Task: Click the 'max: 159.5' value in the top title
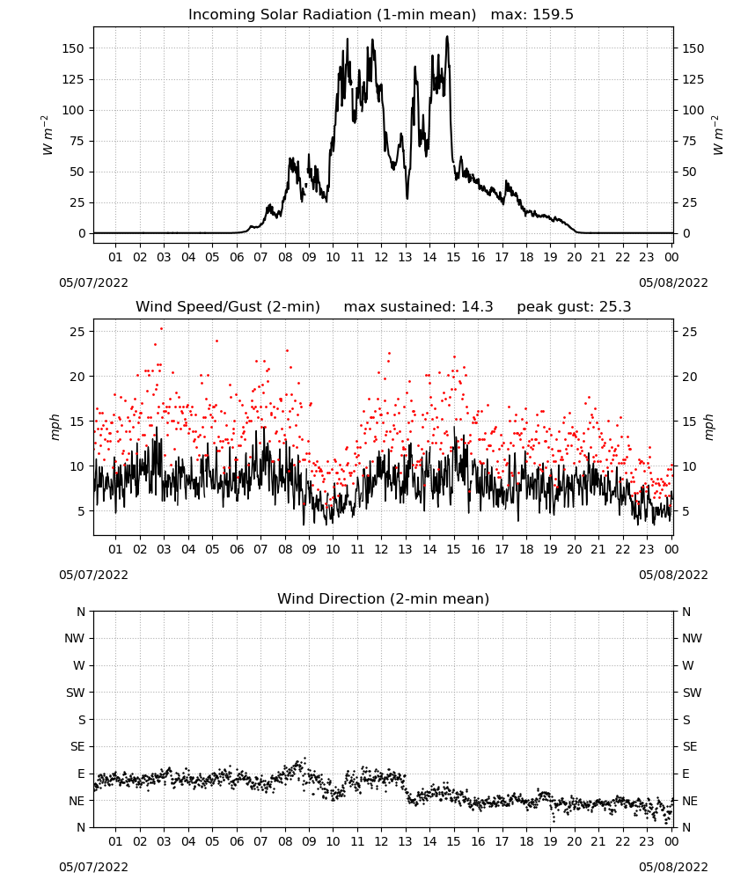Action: [x=532, y=15]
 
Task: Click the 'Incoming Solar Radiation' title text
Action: [x=280, y=15]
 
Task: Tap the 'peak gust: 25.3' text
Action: [x=574, y=307]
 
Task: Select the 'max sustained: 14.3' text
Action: [x=418, y=307]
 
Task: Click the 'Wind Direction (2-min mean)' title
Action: [x=384, y=598]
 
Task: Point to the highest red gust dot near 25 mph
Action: [x=162, y=328]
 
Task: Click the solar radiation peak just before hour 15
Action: [x=447, y=36]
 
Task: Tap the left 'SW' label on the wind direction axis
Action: [x=75, y=693]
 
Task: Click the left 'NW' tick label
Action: [x=75, y=638]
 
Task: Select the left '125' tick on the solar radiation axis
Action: [x=73, y=79]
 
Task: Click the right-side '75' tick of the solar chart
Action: [x=689, y=141]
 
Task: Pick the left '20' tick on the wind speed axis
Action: [x=77, y=377]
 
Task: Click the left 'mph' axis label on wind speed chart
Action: [x=55, y=427]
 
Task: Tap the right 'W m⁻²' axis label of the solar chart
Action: [x=718, y=136]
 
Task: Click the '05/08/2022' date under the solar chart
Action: [x=673, y=282]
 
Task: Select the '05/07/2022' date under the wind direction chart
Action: [x=93, y=867]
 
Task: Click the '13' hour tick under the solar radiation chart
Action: [x=405, y=257]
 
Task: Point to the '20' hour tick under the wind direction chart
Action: [x=574, y=841]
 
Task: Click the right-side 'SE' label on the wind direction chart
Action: [x=690, y=746]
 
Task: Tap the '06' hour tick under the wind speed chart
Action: [x=236, y=549]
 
